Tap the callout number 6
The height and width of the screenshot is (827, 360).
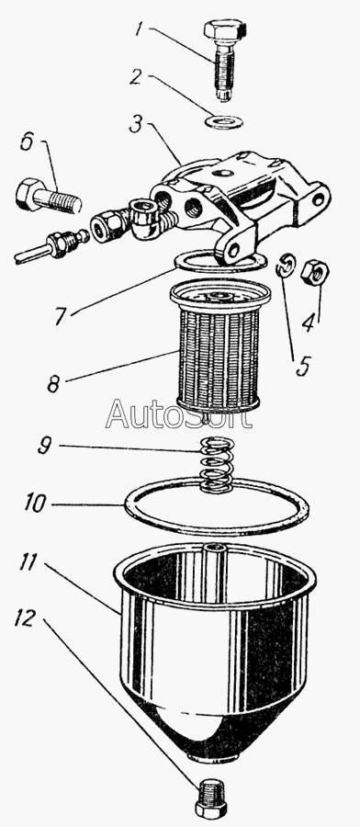[x=28, y=142]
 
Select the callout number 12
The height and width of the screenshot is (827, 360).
[x=25, y=617]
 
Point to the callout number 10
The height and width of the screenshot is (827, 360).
[x=36, y=503]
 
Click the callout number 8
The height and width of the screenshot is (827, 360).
[x=53, y=383]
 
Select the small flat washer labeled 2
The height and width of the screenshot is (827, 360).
[x=224, y=122]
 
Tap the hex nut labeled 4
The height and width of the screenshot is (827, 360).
[x=315, y=272]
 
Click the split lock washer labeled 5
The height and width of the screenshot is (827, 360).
[x=285, y=266]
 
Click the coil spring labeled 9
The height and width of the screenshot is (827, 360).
[x=217, y=464]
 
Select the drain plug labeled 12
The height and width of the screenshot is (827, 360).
[x=211, y=796]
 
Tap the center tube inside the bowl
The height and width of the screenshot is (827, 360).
[x=215, y=572]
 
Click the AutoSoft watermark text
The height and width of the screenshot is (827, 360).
[x=179, y=414]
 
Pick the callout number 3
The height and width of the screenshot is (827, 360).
[x=136, y=128]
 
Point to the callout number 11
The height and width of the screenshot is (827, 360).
[x=29, y=562]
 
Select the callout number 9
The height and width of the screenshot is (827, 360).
[x=45, y=446]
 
